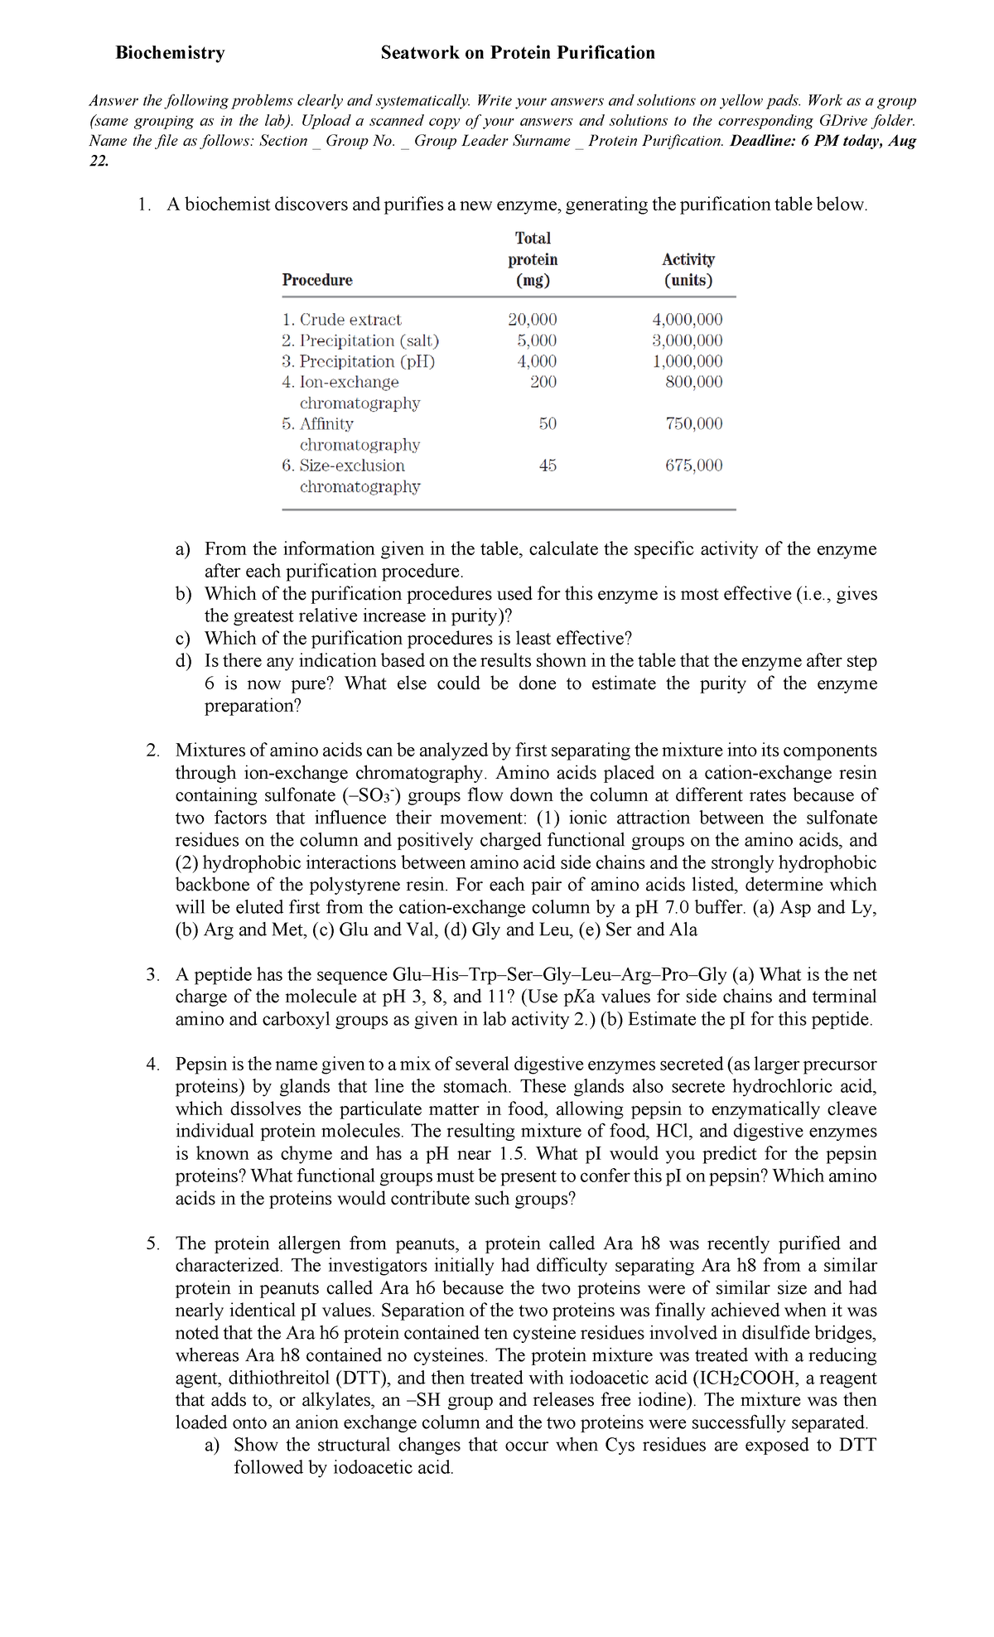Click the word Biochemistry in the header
(170, 53)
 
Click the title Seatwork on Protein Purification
(518, 53)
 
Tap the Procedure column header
(317, 280)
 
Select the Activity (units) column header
(688, 270)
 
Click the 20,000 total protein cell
(532, 320)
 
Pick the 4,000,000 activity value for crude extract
(688, 320)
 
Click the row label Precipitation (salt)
(360, 340)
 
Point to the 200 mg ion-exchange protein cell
(543, 382)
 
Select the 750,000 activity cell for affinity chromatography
(694, 424)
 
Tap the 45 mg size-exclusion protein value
(548, 466)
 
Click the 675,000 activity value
(694, 466)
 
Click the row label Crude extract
(341, 320)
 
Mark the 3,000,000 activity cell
(688, 340)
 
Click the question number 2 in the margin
(152, 751)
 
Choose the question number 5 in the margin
(152, 1243)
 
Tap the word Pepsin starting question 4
(200, 1065)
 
